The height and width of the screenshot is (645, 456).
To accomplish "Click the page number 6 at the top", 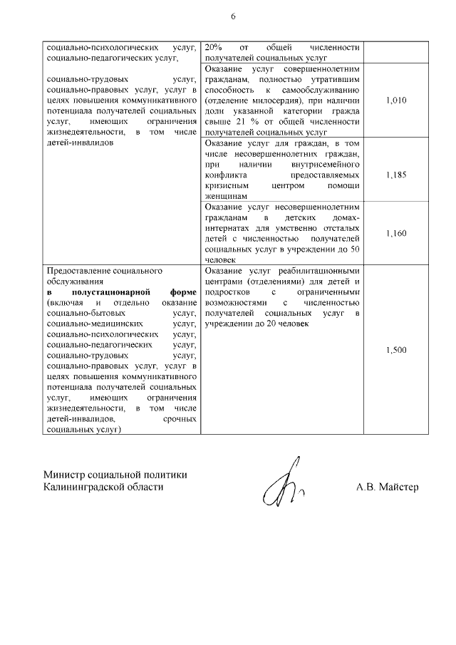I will point(233,16).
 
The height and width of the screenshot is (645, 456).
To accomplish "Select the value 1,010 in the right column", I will point(395,100).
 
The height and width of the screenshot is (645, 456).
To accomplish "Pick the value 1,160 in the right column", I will point(395,233).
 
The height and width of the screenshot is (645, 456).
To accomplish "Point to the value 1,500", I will point(395,350).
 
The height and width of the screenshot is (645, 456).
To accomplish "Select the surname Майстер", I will point(398,487).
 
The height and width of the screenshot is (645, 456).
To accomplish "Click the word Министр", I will point(65,475).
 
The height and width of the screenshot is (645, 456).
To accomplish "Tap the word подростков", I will point(227,292).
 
